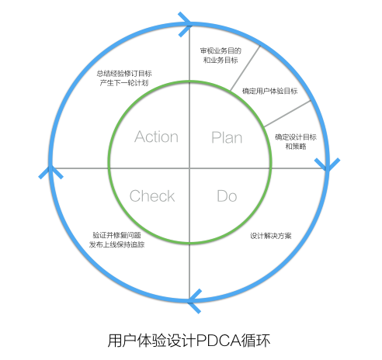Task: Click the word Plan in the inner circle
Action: tap(227, 137)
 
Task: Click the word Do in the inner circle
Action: tap(227, 196)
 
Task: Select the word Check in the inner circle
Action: tap(152, 196)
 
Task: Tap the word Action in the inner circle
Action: tap(156, 137)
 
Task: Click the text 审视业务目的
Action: tap(221, 51)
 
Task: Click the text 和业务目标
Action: tap(221, 61)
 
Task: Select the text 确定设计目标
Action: tap(295, 137)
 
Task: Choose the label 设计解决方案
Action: tap(271, 235)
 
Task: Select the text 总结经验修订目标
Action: tap(125, 73)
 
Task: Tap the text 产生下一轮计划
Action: tap(125, 83)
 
